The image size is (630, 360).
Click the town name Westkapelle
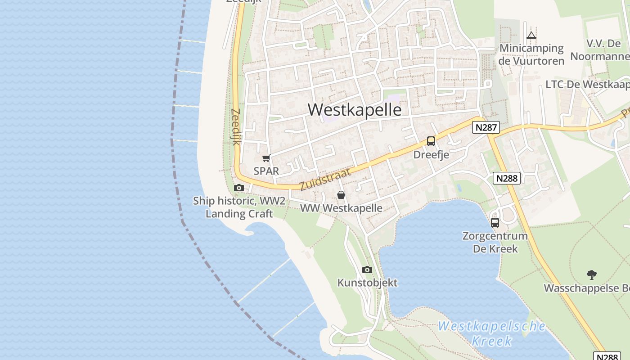355,110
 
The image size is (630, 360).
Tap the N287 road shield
486,127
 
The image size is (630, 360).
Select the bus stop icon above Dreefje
431,141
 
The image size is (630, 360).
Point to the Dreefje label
431,155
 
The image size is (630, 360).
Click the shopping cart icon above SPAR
266,158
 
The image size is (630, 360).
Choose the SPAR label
266,171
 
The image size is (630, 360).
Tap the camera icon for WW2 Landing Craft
239,188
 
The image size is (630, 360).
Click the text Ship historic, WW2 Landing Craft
239,207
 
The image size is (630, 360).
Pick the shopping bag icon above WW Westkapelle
341,195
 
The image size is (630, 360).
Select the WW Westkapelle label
341,208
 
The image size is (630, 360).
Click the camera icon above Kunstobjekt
367,270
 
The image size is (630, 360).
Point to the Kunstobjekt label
368,283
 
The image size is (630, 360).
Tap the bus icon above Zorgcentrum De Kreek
495,222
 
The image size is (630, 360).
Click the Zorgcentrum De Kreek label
495,242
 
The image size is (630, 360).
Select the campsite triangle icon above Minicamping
531,35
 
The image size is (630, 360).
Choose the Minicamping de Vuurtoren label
531,54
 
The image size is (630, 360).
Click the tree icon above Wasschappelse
592,274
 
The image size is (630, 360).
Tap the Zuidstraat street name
325,179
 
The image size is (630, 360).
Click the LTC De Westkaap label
587,85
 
